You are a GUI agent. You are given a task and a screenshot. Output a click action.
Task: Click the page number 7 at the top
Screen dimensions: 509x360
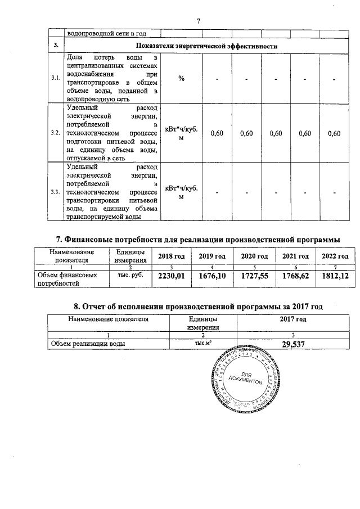tap(198, 21)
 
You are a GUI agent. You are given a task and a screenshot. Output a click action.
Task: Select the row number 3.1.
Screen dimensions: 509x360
tap(56, 78)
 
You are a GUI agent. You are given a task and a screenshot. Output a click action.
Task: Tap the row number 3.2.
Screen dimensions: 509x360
tap(56, 133)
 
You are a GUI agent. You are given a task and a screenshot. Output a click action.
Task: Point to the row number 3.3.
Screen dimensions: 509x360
tap(56, 192)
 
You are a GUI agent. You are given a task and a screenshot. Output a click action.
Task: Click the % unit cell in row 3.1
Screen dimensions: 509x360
tap(181, 78)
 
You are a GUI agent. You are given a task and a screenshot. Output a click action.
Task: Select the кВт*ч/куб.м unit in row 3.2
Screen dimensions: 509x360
tap(181, 133)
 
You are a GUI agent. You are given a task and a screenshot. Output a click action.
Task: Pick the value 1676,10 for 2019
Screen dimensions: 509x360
tap(212, 276)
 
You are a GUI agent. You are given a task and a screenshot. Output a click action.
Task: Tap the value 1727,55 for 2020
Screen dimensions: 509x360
tap(253, 276)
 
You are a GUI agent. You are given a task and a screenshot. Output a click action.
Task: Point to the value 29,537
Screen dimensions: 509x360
tap(293, 345)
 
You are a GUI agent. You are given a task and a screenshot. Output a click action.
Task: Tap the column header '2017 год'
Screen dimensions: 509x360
tap(293, 319)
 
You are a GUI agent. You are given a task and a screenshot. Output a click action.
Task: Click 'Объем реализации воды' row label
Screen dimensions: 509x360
tap(88, 343)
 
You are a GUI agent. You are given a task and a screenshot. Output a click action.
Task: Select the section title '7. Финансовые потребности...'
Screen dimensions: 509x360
tap(198, 240)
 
